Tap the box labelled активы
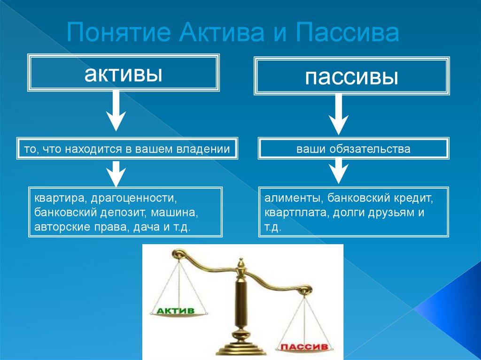124,73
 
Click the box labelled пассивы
352,76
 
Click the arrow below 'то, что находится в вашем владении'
116,173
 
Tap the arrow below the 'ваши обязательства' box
338,170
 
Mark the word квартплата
295,212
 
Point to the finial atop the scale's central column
241,266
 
